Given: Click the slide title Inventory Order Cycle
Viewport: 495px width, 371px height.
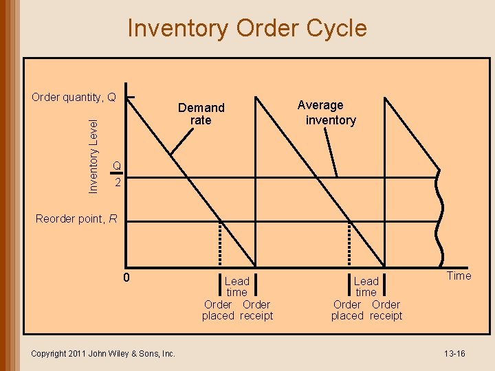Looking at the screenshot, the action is coord(247,29).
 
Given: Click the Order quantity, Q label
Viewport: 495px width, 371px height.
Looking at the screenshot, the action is coord(74,97).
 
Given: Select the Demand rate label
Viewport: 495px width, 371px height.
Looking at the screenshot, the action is coord(201,114).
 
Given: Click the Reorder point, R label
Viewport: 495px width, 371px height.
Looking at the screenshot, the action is coord(76,219).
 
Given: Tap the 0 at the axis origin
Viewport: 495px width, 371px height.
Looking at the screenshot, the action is coord(126,278).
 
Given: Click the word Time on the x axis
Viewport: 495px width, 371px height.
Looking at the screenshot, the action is coord(459,276).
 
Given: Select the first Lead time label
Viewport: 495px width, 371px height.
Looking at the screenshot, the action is coord(237,286).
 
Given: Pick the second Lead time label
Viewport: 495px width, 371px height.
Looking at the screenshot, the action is coord(366,286).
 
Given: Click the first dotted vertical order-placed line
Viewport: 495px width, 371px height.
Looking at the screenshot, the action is coord(220,243).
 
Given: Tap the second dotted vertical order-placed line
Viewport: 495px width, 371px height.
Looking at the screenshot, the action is coord(349,243).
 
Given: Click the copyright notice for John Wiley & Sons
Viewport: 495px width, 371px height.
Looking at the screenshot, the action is coord(103,353).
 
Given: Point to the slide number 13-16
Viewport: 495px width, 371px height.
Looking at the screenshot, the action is coord(454,353).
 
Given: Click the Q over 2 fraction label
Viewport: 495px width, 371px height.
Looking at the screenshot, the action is coord(118,175).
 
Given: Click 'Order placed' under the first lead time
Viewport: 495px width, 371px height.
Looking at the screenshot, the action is coord(218,310).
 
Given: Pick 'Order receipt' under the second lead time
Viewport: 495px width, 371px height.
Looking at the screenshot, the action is coord(386,310).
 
